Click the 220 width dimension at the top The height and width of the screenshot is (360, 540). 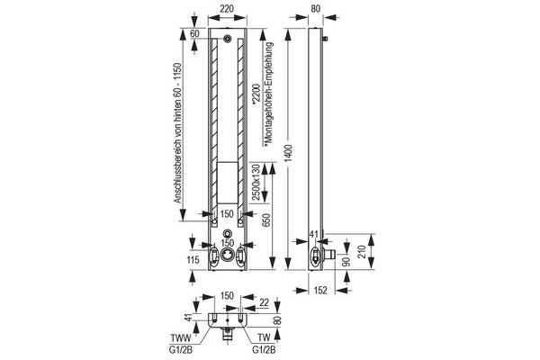tap(227, 9)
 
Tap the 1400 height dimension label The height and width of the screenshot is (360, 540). tap(289, 153)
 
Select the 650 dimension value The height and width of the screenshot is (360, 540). tap(266, 220)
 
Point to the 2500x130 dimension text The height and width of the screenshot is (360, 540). tap(256, 182)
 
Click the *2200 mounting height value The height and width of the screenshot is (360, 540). tap(256, 94)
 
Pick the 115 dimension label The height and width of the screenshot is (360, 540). tap(193, 259)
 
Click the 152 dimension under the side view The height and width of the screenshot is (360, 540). tap(320, 291)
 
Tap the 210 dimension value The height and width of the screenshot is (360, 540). tap(360, 251)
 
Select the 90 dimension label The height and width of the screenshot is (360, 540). tap(346, 262)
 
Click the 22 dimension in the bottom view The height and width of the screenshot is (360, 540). tap(264, 302)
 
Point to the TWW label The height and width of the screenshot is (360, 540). tap(180, 337)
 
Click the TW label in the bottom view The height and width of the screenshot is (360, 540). tap(264, 337)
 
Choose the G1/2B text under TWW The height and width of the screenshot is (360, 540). tap(181, 350)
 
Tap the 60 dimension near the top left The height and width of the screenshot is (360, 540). tap(194, 33)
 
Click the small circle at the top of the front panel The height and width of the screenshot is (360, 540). tap(228, 39)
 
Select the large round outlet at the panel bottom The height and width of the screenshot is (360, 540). tap(228, 255)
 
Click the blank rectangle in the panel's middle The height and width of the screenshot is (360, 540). tap(228, 182)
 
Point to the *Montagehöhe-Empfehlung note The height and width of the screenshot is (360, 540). tap(269, 95)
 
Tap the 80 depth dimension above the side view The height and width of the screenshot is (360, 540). tap(316, 9)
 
